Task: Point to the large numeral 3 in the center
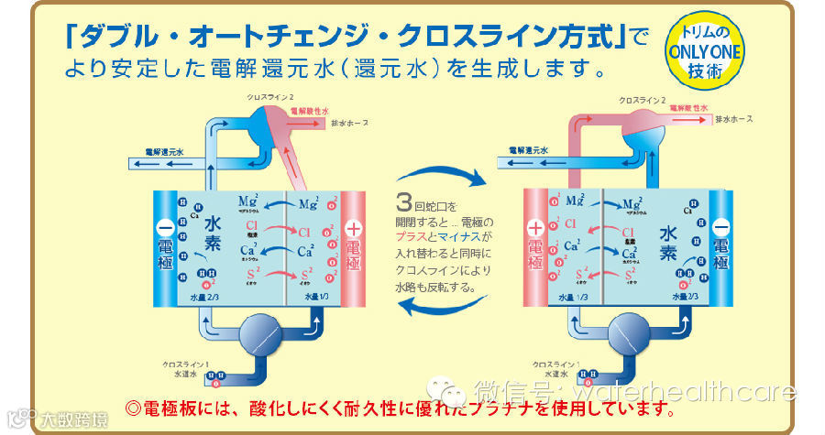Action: coord(403,202)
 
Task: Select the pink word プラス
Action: coord(412,237)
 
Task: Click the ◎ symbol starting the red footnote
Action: coord(130,407)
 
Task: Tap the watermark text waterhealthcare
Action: coord(697,393)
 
